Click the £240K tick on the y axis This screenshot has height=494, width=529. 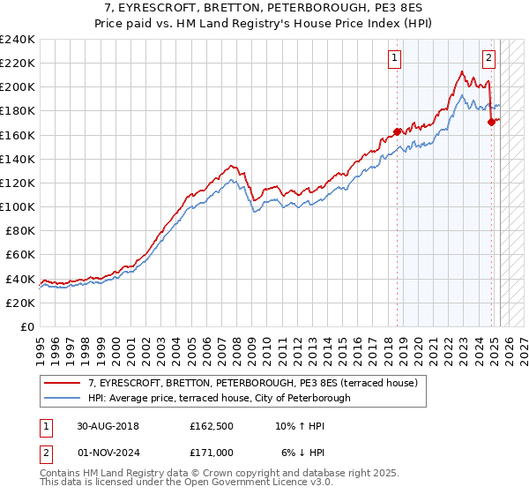pyautogui.click(x=18, y=40)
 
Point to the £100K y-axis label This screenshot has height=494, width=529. pyautogui.click(x=18, y=206)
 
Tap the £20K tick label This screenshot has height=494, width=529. pyautogui.click(x=21, y=302)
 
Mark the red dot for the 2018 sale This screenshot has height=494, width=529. pyautogui.click(x=397, y=131)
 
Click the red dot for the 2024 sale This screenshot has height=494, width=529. pyautogui.click(x=491, y=123)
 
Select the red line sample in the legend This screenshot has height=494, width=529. pyautogui.click(x=63, y=382)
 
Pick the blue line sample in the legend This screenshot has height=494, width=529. pyautogui.click(x=63, y=398)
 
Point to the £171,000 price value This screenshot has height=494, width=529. pyautogui.click(x=212, y=452)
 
